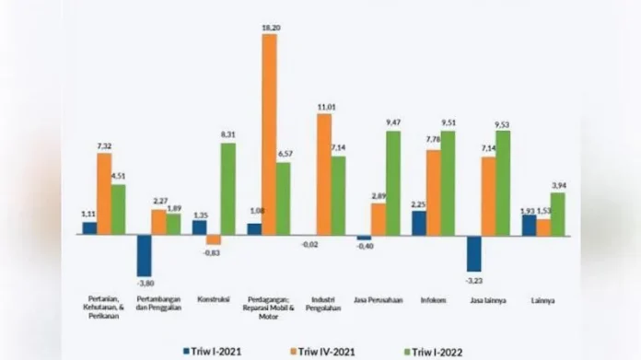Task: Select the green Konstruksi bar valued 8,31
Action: coord(227,189)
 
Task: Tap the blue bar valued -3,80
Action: coord(145,255)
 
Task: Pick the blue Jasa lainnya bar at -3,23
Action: coord(474,252)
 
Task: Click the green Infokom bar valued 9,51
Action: coord(448,182)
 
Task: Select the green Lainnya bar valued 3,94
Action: coord(557,214)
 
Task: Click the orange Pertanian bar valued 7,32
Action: coord(104,193)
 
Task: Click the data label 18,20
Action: coord(269,29)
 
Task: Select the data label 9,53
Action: coord(503,124)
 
